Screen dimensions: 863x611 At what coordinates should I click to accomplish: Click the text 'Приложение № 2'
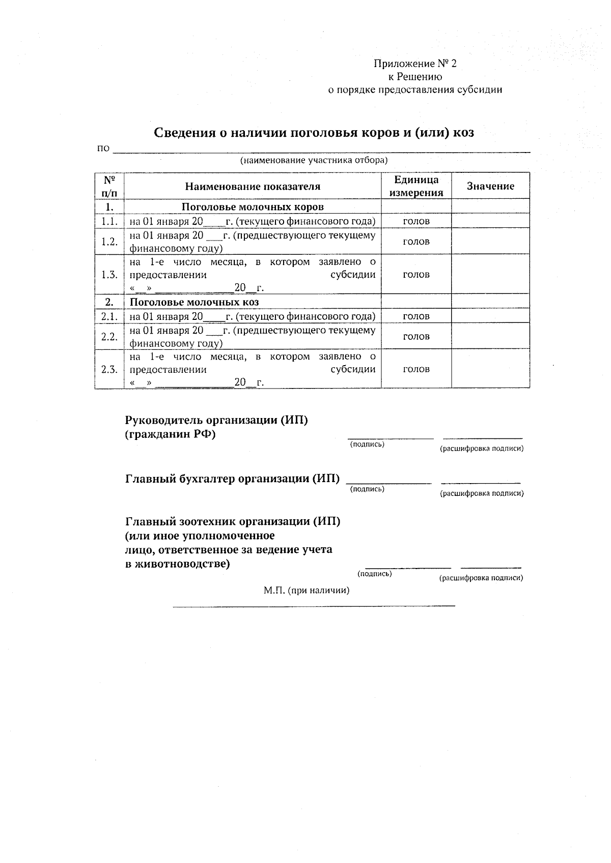[x=415, y=64]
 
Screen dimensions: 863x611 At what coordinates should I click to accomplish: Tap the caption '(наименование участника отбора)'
[x=314, y=161]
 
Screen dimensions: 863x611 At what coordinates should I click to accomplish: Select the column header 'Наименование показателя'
[x=253, y=186]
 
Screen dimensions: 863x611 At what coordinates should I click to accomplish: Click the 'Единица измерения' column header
[x=416, y=186]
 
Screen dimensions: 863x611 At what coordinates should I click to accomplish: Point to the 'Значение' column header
[x=490, y=186]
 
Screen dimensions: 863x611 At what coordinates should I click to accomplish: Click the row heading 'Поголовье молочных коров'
[x=253, y=207]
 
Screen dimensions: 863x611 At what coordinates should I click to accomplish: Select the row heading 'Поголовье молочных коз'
[x=194, y=302]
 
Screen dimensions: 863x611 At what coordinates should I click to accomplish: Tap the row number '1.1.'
[x=109, y=221]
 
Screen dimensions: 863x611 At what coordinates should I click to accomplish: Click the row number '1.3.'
[x=109, y=275]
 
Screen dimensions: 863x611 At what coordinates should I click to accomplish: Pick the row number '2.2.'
[x=109, y=337]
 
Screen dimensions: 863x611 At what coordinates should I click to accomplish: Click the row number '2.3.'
[x=109, y=370]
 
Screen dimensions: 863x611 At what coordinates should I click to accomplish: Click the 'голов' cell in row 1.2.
[x=416, y=242]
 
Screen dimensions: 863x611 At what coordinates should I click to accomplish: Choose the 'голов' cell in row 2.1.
[x=416, y=316]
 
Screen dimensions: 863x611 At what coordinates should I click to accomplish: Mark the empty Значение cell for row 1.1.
[x=490, y=221]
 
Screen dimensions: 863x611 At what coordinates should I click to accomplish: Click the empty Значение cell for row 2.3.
[x=490, y=370]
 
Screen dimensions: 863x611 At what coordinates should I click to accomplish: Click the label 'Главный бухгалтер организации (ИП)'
[x=232, y=479]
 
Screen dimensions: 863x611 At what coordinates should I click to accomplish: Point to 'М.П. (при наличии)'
[x=307, y=590]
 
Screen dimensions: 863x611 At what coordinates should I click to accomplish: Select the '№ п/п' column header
[x=109, y=186]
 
